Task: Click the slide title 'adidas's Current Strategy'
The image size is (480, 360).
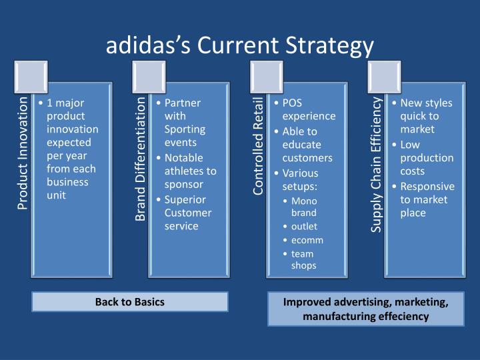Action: tap(240, 45)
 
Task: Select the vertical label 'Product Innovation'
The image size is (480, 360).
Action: tap(23, 153)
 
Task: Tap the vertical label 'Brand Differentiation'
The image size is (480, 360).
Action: tap(141, 158)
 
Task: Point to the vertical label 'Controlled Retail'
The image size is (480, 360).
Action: tap(259, 146)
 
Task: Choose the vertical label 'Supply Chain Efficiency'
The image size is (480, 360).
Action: tap(376, 164)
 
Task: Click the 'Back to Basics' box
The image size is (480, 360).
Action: tap(129, 302)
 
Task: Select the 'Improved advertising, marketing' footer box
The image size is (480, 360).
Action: tap(365, 309)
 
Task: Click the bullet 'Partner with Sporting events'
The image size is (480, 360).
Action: tap(183, 123)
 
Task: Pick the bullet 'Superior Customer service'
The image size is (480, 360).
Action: tap(188, 213)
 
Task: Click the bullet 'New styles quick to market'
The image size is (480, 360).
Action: tap(426, 115)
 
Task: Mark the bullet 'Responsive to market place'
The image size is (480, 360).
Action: tap(427, 199)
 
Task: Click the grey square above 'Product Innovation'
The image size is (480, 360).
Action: tap(31, 77)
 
